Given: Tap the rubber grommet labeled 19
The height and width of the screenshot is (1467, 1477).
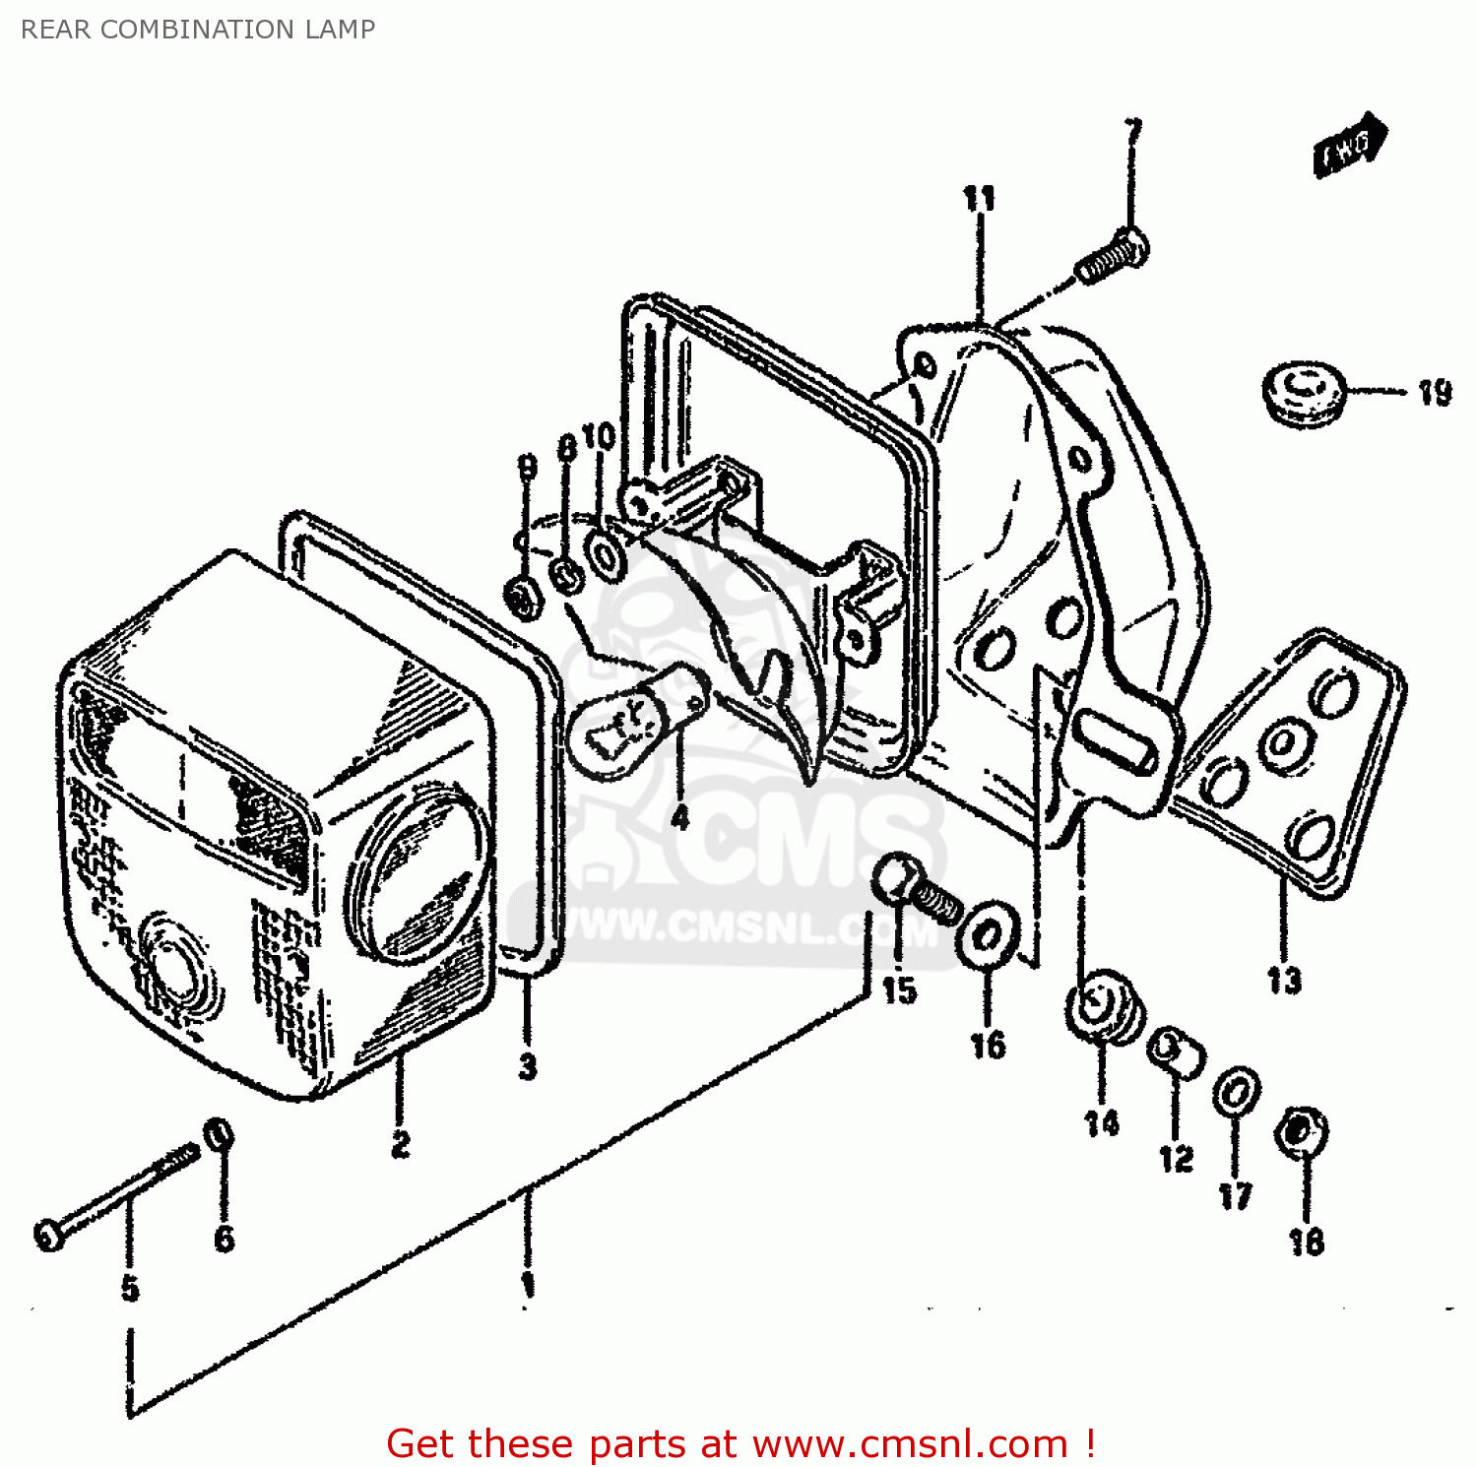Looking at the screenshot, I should tap(1303, 394).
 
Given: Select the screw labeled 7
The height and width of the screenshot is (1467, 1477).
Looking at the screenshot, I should tap(1113, 256).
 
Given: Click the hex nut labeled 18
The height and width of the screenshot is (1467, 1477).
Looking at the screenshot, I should tap(1300, 1132).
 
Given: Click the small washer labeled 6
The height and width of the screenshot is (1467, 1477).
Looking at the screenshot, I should tap(219, 1135).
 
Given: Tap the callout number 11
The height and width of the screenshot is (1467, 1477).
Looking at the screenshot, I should tap(979, 199).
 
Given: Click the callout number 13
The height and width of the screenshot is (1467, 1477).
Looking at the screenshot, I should tap(1284, 981).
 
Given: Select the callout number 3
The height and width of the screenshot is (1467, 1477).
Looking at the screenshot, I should tap(528, 1066).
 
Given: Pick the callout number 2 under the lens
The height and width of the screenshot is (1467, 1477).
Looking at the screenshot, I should tap(400, 1144).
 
